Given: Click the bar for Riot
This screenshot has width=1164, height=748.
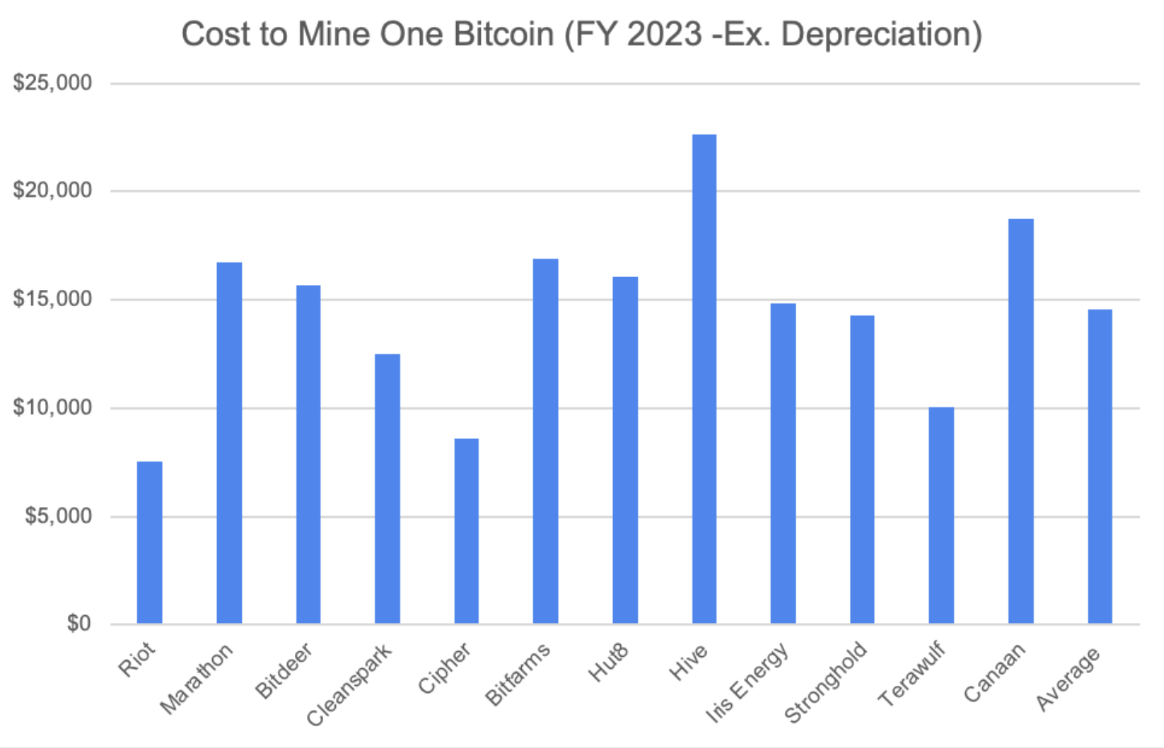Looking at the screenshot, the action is point(150,542).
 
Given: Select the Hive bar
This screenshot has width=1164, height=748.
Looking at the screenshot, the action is point(704,379).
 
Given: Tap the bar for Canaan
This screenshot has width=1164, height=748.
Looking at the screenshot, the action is point(1021,421).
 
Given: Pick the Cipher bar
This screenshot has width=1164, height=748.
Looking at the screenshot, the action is point(467,531).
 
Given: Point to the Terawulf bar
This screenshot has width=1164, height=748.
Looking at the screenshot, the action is point(941,515).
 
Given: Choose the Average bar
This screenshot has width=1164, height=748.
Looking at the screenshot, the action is point(1100,467).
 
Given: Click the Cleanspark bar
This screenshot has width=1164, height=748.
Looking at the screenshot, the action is point(388,489).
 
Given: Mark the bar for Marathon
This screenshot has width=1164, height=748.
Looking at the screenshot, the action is point(229,443).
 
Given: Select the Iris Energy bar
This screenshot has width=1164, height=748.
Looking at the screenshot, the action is point(783,463).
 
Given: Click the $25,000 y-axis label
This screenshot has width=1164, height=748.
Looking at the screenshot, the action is point(52,83).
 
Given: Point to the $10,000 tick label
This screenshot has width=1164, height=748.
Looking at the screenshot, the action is point(52,408).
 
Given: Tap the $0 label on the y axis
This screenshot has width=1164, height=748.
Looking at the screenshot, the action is point(79,623).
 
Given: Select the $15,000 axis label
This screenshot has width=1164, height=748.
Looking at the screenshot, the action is point(52,299).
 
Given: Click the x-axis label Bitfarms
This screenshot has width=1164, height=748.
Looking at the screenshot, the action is point(518,674).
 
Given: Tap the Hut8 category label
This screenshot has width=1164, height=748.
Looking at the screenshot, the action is point(608,662).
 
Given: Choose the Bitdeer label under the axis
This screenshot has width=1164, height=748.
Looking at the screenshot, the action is point(284,671).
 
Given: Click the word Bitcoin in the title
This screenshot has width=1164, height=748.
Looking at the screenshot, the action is point(504,34).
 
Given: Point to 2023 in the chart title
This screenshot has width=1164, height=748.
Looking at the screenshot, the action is point(665,34).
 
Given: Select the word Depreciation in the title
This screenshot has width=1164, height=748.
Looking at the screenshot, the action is point(881,35).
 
